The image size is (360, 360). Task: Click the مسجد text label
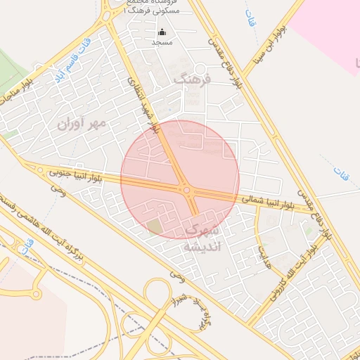tap(162, 43)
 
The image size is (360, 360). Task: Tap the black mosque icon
tap(162, 32)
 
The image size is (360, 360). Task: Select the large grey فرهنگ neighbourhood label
tap(191, 79)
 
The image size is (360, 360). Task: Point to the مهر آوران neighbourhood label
tap(82, 124)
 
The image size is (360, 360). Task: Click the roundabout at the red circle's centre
tap(187, 189)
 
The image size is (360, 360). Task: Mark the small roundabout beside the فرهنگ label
tap(200, 68)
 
